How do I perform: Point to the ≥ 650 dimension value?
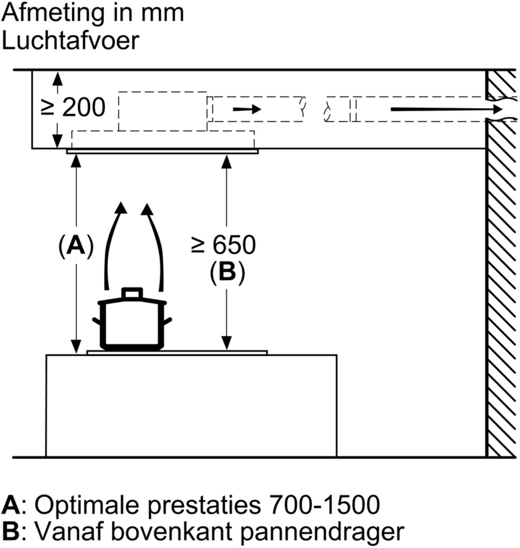tap(223, 245)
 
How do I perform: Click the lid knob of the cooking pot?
tap(132, 293)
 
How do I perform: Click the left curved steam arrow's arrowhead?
tap(120, 208)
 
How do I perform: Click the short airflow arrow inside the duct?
tap(247, 109)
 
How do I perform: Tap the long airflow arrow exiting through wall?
tap(447, 109)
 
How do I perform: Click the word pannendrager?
tap(322, 533)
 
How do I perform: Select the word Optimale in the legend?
tap(86, 504)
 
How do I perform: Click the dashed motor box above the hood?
tap(163, 111)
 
